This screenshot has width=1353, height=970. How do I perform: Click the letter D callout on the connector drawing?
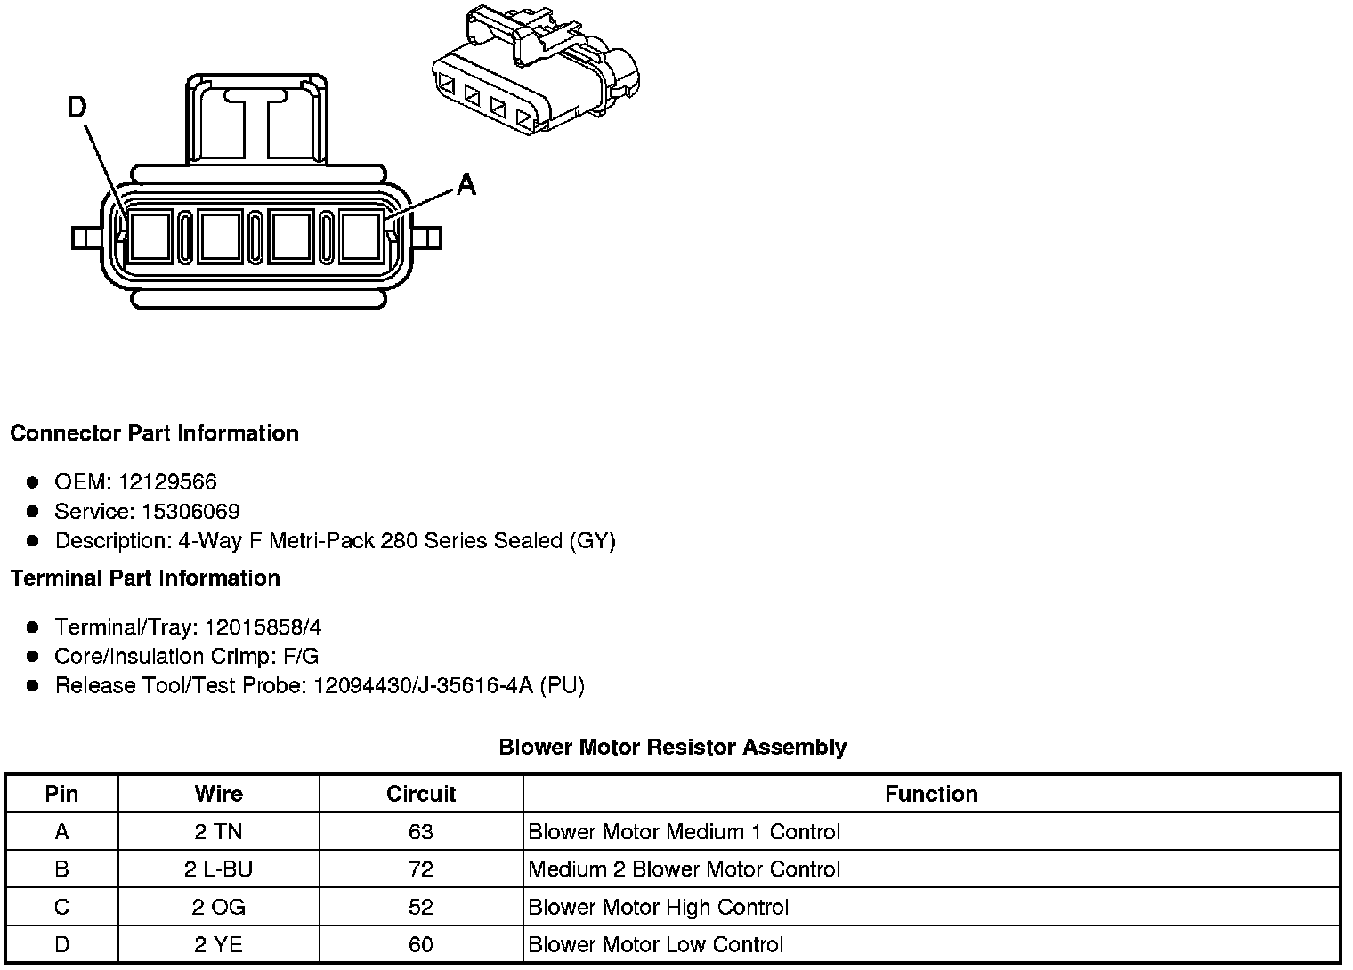(x=77, y=108)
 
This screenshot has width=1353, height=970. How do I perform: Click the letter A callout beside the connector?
(x=466, y=185)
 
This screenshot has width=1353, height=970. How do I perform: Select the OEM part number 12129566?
(x=167, y=482)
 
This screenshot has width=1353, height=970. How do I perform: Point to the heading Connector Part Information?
(x=154, y=433)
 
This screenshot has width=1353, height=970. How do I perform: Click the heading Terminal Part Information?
(x=145, y=578)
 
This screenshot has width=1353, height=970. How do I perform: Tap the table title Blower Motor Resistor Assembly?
(x=672, y=747)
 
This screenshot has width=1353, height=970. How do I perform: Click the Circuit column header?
(x=420, y=794)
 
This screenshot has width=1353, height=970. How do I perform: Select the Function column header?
(x=931, y=794)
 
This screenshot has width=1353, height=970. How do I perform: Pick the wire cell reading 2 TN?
(x=218, y=832)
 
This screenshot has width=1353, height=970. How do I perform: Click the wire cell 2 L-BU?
(x=218, y=869)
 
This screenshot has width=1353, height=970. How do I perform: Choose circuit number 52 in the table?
(x=420, y=908)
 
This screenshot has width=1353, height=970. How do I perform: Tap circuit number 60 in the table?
(x=420, y=945)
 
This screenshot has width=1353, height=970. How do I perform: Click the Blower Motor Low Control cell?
(x=656, y=945)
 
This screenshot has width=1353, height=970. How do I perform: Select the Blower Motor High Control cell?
(x=659, y=908)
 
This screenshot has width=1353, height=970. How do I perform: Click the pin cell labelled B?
(x=61, y=869)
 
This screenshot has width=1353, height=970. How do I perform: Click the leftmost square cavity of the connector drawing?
(x=150, y=238)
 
